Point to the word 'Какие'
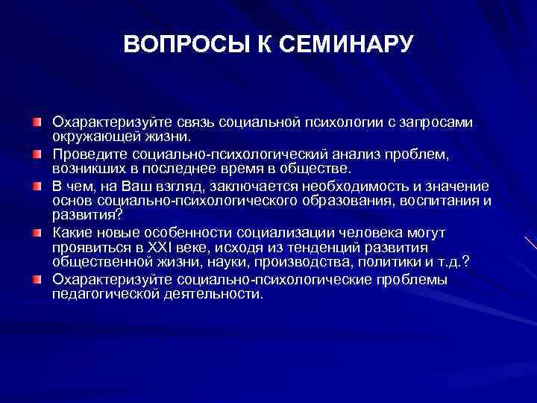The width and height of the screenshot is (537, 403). pos(71,231)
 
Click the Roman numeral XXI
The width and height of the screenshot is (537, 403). pos(152,246)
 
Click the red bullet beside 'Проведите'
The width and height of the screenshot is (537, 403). pos(37,153)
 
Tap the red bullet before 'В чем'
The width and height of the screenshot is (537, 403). pos(37,185)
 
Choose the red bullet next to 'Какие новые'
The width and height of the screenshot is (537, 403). pos(37,231)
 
